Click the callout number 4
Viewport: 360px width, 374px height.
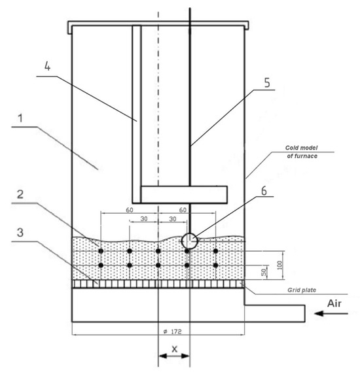(x=48, y=66)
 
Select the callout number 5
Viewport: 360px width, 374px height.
(x=267, y=82)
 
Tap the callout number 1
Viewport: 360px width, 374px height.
(x=21, y=118)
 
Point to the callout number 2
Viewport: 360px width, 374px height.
(x=20, y=194)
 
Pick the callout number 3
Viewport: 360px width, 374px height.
(x=20, y=232)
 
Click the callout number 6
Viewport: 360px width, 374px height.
(x=264, y=191)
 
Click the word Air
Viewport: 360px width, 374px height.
(x=334, y=303)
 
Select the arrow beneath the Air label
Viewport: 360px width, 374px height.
(x=331, y=313)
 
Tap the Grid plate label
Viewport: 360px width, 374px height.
(x=302, y=290)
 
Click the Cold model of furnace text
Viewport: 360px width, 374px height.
(x=302, y=152)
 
